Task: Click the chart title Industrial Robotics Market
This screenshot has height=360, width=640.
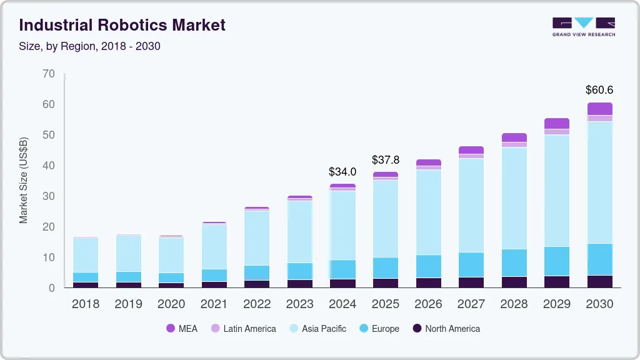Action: [x=122, y=25]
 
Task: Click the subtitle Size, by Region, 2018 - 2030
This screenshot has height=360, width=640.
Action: [x=89, y=46]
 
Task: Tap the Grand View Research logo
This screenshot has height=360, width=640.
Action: [x=583, y=26]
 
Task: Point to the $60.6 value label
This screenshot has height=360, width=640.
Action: [x=599, y=90]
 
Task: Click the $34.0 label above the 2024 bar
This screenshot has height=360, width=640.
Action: [x=342, y=171]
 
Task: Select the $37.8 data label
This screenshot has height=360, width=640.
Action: [x=385, y=160]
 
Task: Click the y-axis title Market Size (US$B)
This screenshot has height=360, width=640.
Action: [x=24, y=180]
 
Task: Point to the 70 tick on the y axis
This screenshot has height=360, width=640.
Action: [x=49, y=74]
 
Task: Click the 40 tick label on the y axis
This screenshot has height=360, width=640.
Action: [x=49, y=166]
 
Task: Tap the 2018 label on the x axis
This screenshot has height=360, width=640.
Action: [x=85, y=304]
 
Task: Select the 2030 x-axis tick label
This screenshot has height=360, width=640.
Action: [x=599, y=304]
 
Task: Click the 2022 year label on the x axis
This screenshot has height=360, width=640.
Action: [x=257, y=304]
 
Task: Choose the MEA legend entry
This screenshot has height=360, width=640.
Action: [x=181, y=329]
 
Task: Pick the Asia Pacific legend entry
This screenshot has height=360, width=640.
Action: [x=317, y=329]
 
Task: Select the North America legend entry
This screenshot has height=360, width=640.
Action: [x=446, y=329]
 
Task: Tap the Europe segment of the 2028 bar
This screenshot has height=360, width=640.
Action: [x=514, y=262]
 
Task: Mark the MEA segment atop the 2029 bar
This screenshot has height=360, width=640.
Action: [x=557, y=123]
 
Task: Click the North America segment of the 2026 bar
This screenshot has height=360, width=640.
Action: [x=428, y=282]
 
